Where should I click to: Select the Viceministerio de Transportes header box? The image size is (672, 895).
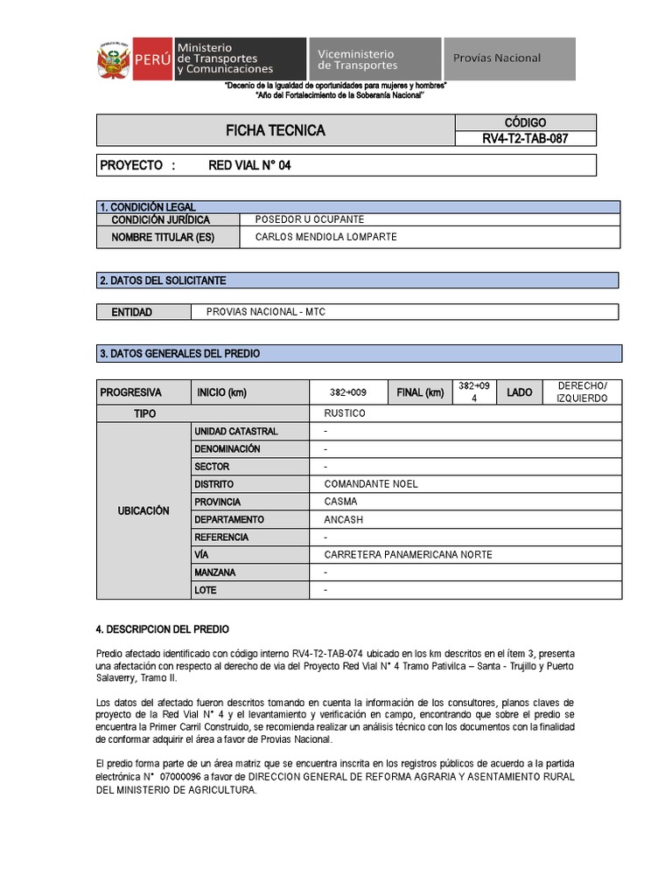pos(374,59)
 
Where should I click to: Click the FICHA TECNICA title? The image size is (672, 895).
pos(276,130)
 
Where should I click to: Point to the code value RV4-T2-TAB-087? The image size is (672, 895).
pos(525,138)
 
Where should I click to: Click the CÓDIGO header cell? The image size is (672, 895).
pos(525,122)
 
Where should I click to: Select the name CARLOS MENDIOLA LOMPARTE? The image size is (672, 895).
pos(325,237)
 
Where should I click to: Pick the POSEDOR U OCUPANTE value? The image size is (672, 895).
pos(309,219)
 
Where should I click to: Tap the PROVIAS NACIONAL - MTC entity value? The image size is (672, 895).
pos(265,312)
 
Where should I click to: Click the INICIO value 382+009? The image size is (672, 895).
pos(347,392)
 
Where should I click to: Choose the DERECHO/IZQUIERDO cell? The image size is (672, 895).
pos(582,392)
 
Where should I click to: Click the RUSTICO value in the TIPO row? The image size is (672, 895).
pos(345,413)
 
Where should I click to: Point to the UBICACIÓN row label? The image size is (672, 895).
pos(143,510)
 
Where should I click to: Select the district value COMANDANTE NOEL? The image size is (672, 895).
pos(371,484)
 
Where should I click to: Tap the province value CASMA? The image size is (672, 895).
pos(340,502)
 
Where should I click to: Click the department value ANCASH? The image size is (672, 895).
pos(343,519)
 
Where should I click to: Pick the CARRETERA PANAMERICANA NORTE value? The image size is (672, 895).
pos(408,555)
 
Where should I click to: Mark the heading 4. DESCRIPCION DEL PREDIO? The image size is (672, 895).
pos(162,629)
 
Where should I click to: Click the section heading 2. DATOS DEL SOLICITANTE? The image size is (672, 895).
pos(163,281)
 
